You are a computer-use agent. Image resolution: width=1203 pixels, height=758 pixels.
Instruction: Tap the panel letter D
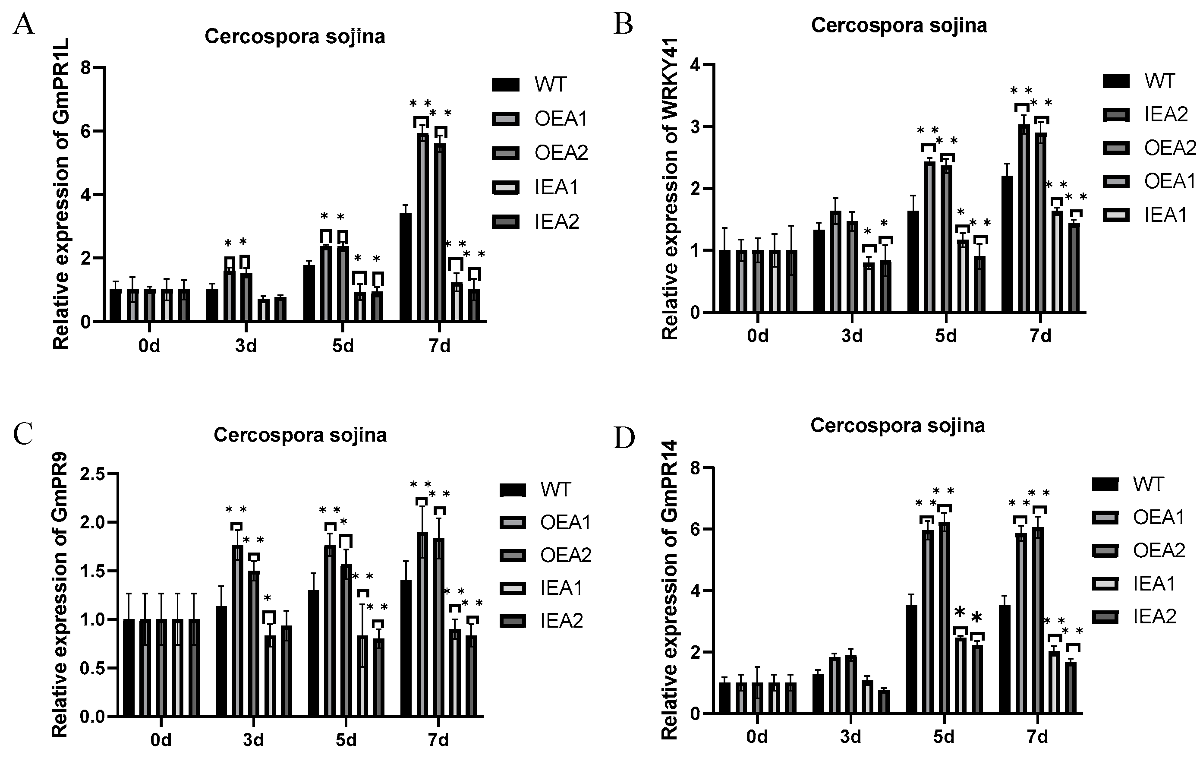click(x=624, y=438)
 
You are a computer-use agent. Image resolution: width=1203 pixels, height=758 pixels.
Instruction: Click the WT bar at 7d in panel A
click(x=405, y=267)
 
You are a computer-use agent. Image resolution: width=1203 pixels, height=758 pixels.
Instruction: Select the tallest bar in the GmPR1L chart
click(x=423, y=227)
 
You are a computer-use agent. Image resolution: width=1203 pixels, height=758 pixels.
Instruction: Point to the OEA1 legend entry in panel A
click(x=539, y=118)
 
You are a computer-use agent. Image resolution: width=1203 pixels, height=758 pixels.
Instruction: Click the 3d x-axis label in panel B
click(x=852, y=336)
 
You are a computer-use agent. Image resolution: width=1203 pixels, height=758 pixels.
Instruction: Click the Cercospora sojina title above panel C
click(x=300, y=435)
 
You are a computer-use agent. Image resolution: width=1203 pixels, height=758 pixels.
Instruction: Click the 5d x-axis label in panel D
click(x=944, y=737)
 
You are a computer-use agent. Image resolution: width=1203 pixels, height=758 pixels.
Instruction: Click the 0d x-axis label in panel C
click(x=161, y=740)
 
